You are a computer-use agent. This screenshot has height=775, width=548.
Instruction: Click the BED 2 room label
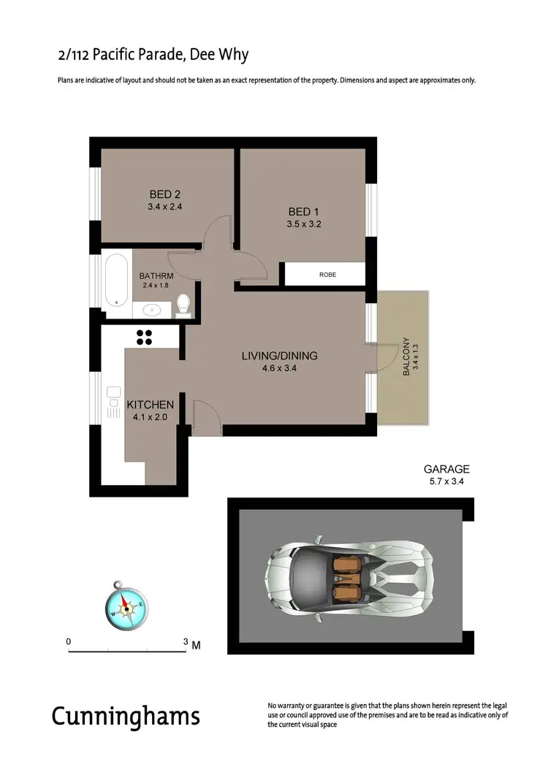164,194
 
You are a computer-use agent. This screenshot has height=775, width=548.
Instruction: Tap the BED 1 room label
304,212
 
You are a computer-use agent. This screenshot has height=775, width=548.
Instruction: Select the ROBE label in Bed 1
327,275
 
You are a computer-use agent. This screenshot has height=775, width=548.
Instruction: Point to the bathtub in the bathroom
115,280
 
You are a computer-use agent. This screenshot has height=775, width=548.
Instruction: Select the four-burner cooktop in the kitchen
144,337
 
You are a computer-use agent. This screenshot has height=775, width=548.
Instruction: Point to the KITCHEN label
151,405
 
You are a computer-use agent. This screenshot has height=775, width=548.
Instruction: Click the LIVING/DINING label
280,356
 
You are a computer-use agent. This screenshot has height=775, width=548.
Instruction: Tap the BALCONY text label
406,356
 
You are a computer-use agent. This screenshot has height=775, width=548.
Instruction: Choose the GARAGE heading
446,470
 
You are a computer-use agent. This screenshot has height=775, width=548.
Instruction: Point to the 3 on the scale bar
186,641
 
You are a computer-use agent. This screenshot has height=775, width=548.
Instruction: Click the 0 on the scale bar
69,641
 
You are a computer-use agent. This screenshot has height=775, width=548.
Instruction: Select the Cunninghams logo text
125,716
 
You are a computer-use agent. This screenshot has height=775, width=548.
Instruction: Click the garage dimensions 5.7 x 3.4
446,482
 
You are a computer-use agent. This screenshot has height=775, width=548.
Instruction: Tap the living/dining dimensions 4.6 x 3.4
280,369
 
